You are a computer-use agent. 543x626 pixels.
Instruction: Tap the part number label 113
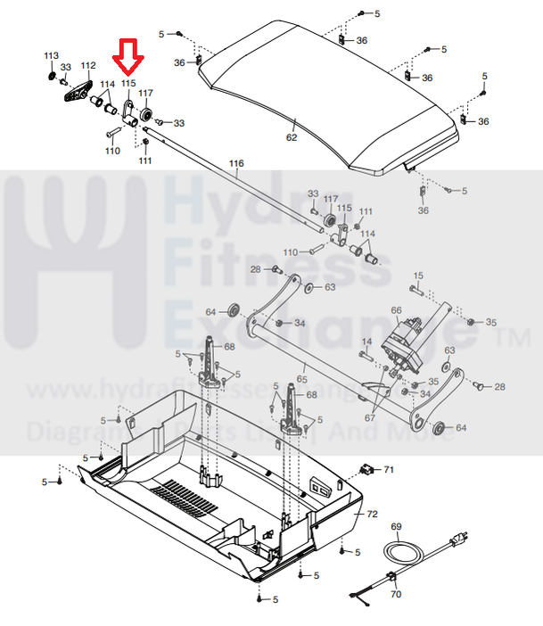click(x=51, y=56)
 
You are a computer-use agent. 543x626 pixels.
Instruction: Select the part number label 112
click(x=87, y=66)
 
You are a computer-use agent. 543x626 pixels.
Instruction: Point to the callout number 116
click(x=235, y=164)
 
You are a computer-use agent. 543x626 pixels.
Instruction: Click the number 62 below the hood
click(x=292, y=138)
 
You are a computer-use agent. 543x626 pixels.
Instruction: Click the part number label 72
click(x=372, y=515)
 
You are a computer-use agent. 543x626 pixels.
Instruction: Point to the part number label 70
click(x=396, y=593)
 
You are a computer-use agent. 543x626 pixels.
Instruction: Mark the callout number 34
click(x=300, y=323)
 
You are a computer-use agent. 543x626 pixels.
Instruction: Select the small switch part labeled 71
click(x=365, y=468)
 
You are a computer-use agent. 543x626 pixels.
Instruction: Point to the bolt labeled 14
click(x=366, y=354)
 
